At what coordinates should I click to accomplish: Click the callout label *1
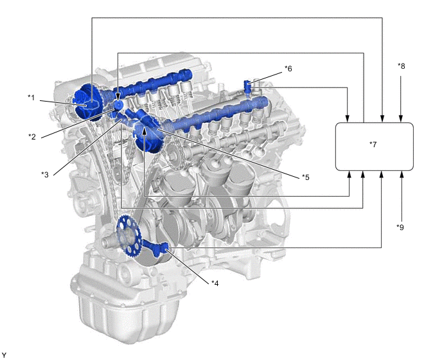(x=31, y=98)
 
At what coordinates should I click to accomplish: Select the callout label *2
(x=32, y=136)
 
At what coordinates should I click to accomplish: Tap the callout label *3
(x=45, y=175)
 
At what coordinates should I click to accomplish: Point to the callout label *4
(x=215, y=283)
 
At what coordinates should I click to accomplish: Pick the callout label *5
(x=306, y=177)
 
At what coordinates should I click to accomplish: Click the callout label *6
(x=288, y=69)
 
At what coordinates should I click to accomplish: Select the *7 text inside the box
(x=373, y=145)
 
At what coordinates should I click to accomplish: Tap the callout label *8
(x=401, y=66)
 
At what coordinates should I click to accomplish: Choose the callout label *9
(x=400, y=227)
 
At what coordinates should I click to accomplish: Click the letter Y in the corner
(x=4, y=355)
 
